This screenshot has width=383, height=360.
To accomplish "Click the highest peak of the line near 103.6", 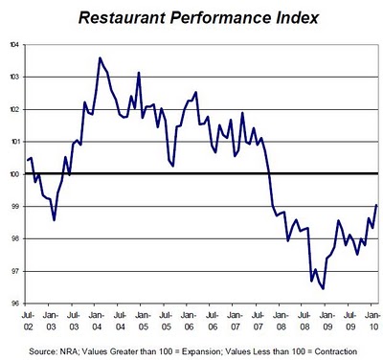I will click(101, 58).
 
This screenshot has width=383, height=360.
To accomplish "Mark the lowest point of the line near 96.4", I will click(323, 288).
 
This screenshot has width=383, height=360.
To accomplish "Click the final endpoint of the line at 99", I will click(376, 206).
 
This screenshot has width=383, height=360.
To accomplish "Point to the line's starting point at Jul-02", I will click(28, 160).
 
